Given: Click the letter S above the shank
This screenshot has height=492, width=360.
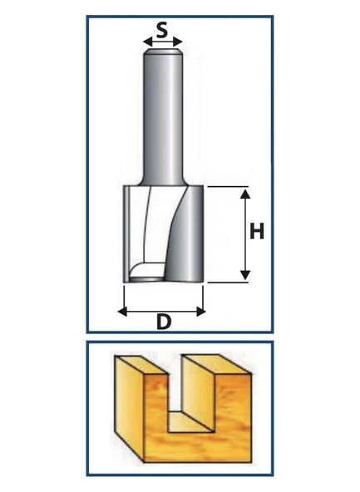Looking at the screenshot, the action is point(162,31).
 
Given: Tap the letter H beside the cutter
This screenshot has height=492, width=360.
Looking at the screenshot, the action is point(257,231).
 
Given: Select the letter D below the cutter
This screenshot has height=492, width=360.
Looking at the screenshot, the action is point(164,322).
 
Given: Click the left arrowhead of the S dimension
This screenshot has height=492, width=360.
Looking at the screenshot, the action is point(147,42).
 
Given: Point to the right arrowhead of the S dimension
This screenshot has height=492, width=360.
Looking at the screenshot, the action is point(178,42).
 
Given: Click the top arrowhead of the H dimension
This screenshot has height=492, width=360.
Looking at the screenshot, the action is point(245,194).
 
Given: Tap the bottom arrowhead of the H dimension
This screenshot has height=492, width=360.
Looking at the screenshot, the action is point(245,275).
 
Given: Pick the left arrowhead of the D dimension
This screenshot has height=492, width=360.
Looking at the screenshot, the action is point(122,312).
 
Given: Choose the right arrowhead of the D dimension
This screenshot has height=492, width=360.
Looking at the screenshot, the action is point(201,312).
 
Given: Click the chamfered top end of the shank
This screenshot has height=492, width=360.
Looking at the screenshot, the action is point(163,52).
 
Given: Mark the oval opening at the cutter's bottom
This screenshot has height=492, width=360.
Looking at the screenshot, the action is point(147,278).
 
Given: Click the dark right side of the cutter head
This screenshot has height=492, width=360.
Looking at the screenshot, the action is point(185,234).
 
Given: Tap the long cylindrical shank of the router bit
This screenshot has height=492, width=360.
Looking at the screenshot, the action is point(163,118).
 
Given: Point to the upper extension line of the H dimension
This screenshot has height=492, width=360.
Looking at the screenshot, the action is point(228,187).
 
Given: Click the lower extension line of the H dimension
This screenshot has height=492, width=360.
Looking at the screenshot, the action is point(228,283).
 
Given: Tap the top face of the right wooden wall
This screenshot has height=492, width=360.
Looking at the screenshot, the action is point(217,364).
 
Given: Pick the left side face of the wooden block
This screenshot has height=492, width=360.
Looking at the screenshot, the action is point(130,409).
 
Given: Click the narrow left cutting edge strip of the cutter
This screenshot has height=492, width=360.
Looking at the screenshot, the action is point(126,234).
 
